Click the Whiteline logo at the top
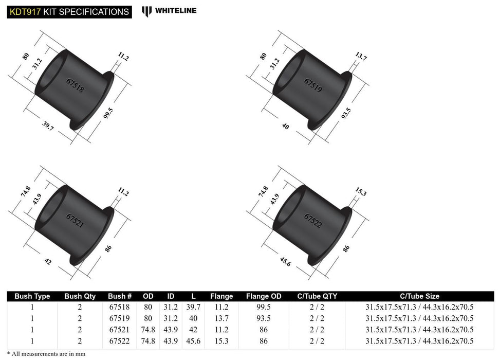[x=169, y=10]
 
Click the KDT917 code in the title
[x=24, y=11]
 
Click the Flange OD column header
[x=264, y=296]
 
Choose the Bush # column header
[x=120, y=296]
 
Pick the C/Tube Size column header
[x=420, y=296]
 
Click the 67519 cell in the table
[x=120, y=318]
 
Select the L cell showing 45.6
[x=196, y=341]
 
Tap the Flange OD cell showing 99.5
[x=264, y=307]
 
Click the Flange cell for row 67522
[x=221, y=341]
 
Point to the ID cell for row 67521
[x=172, y=330]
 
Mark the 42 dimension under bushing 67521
[x=48, y=261]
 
